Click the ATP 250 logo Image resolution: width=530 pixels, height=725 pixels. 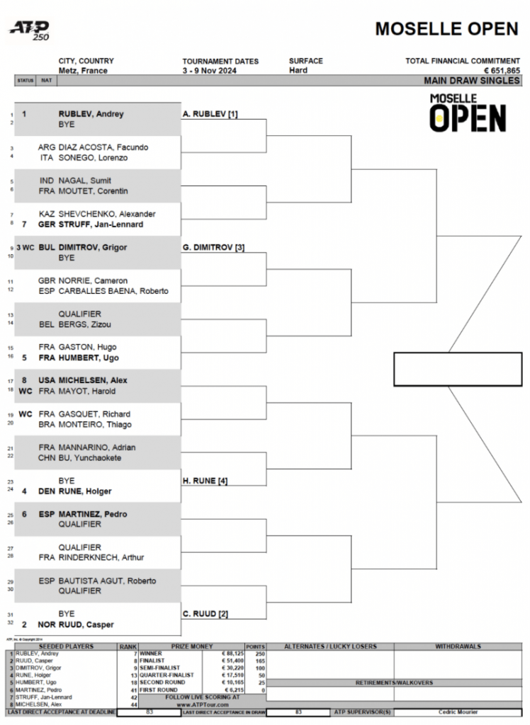29,30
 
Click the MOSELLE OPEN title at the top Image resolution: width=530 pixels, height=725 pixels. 446,29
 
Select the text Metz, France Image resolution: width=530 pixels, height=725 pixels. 83,71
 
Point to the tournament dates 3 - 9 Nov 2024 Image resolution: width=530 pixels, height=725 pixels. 210,71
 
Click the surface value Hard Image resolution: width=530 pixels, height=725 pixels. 298,71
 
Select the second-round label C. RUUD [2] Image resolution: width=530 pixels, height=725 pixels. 205,614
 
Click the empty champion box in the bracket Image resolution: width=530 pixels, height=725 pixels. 457,369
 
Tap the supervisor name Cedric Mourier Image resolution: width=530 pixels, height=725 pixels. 458,712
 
